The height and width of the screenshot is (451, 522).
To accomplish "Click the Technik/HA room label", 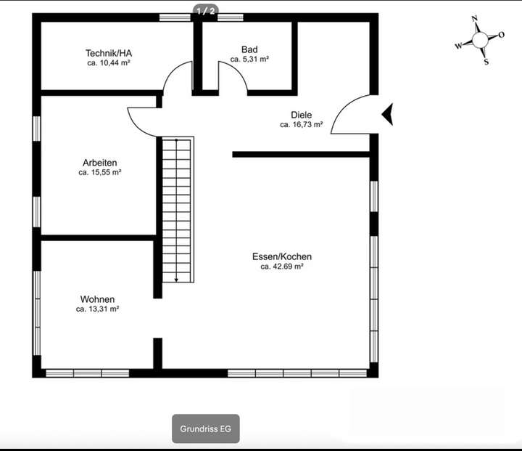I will pyautogui.click(x=108, y=53).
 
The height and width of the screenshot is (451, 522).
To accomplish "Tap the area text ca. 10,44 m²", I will pyautogui.click(x=108, y=63).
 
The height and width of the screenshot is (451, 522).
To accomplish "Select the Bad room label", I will pyautogui.click(x=249, y=49).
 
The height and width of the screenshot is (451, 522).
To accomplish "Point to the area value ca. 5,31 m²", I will pyautogui.click(x=249, y=60).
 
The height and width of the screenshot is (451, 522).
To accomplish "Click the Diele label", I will pyautogui.click(x=301, y=115).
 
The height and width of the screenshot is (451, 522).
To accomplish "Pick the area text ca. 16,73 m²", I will pyautogui.click(x=301, y=125).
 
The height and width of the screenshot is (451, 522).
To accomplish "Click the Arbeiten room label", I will pyautogui.click(x=99, y=163).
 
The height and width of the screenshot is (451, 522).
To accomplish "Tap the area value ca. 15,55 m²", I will pyautogui.click(x=99, y=173).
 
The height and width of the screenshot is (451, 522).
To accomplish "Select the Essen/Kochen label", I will pyautogui.click(x=281, y=256).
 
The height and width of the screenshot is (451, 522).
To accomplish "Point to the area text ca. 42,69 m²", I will pyautogui.click(x=281, y=267).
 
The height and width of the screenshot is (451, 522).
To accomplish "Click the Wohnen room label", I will pyautogui.click(x=97, y=298).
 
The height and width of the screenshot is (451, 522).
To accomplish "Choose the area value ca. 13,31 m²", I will pyautogui.click(x=97, y=309).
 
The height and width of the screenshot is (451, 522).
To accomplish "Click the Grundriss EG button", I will pyautogui.click(x=205, y=428).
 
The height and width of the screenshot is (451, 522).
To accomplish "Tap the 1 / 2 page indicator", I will pyautogui.click(x=206, y=11).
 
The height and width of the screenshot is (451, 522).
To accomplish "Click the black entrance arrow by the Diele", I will pyautogui.click(x=387, y=114).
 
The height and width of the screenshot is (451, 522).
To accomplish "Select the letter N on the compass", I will pyautogui.click(x=474, y=20).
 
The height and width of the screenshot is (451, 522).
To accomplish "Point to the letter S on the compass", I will pyautogui.click(x=486, y=62).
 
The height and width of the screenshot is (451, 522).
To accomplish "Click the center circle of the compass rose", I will pyautogui.click(x=480, y=40).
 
